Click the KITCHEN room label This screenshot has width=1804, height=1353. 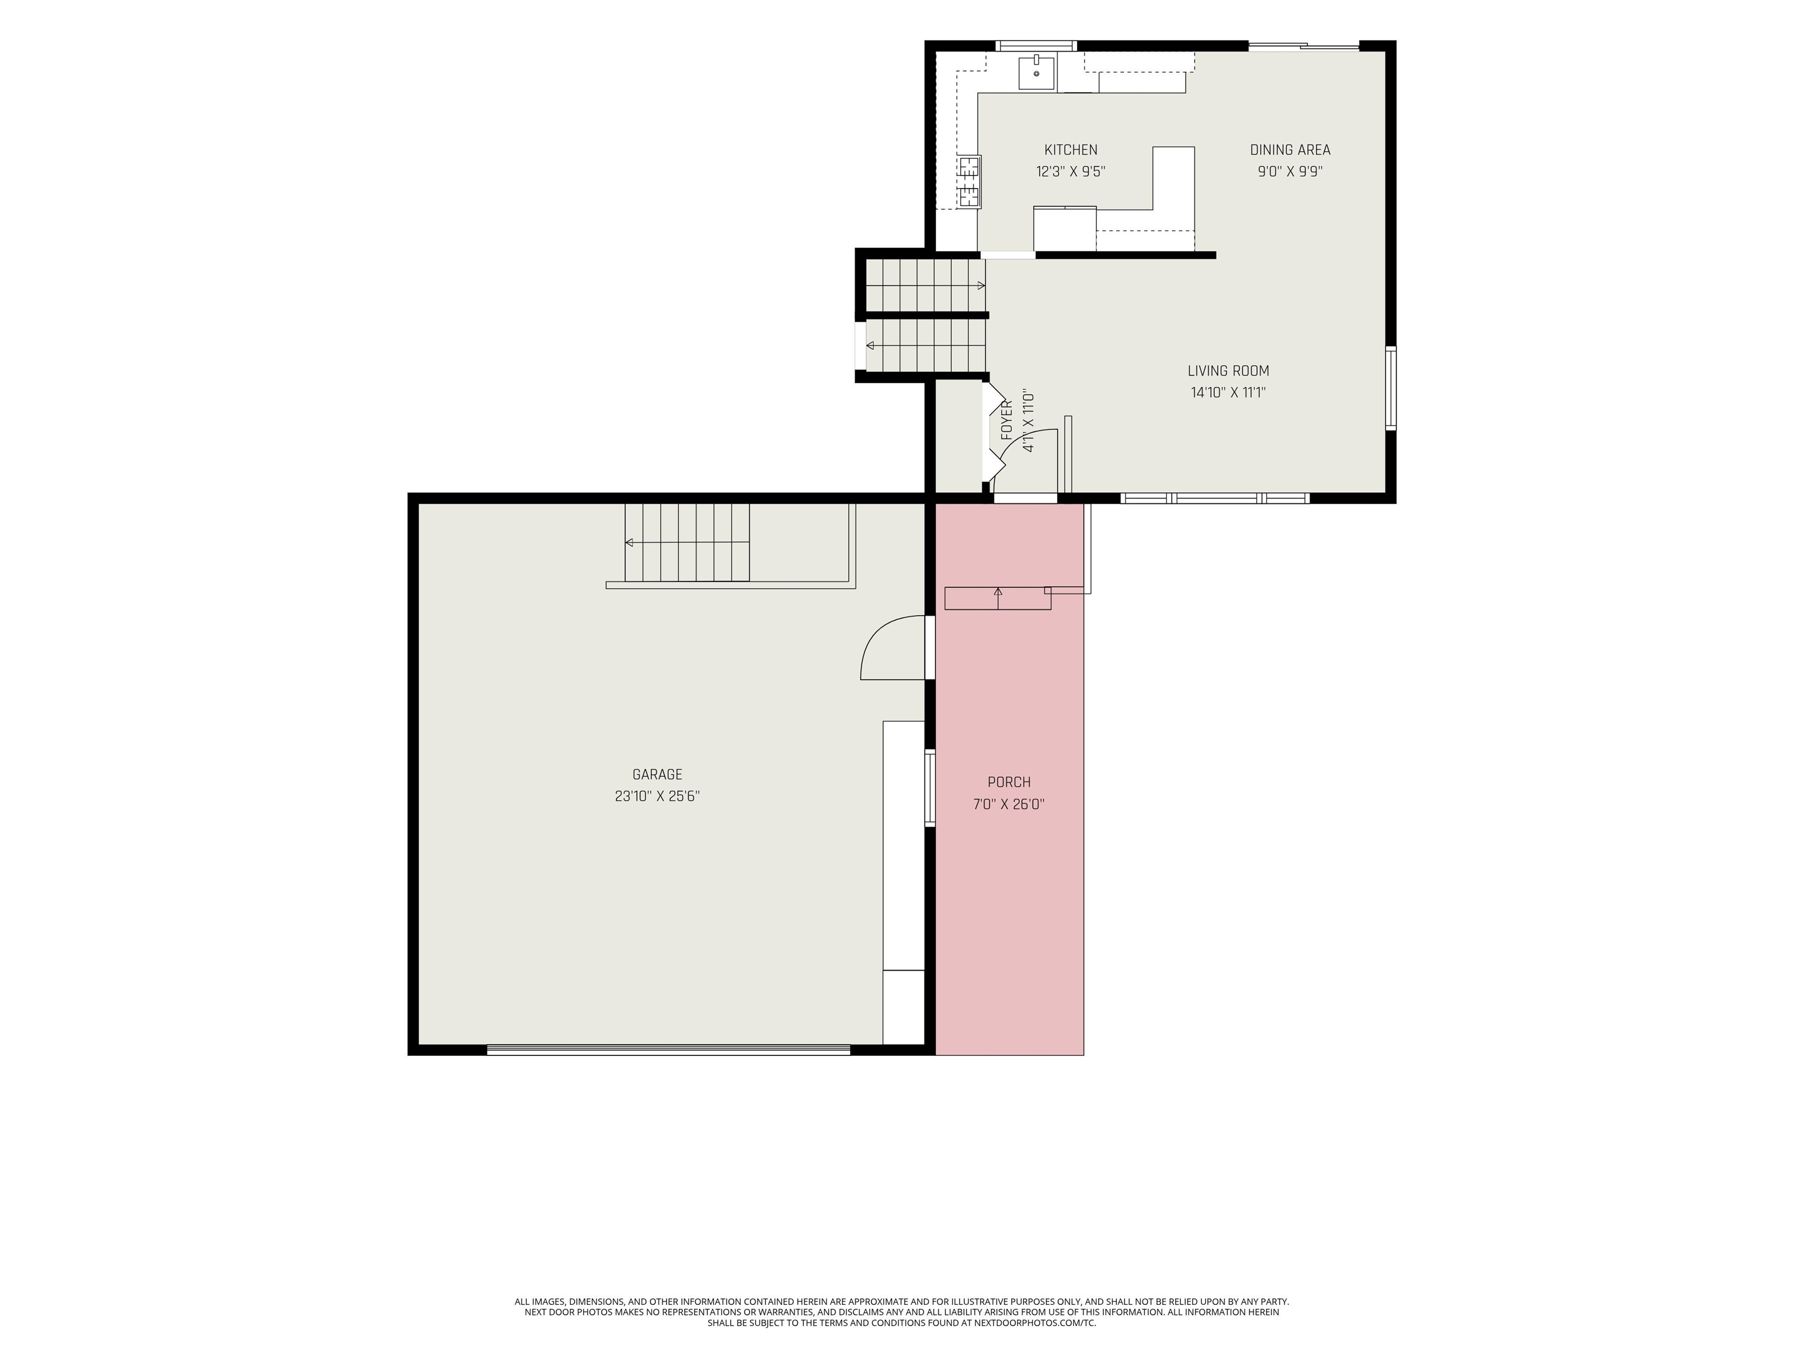[x=1071, y=150]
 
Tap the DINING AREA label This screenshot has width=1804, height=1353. [x=1290, y=150]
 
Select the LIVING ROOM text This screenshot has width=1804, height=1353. [x=1229, y=371]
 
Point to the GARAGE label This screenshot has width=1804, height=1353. [x=657, y=775]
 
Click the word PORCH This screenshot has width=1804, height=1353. [x=1009, y=782]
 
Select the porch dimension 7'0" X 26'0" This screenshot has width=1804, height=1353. [x=1009, y=804]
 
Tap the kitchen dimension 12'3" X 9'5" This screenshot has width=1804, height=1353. [x=1071, y=172]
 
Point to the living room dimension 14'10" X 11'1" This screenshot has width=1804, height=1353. [x=1229, y=393]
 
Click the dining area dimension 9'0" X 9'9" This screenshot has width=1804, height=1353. [x=1290, y=172]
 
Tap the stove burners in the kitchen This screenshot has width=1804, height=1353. [x=970, y=182]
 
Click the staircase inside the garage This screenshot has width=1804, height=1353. [x=688, y=543]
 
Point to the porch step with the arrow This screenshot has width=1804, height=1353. [x=997, y=598]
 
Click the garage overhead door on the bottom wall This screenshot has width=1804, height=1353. [x=669, y=1051]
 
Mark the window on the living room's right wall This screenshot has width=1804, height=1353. [x=1391, y=388]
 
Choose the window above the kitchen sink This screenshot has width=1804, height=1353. [x=1036, y=46]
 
